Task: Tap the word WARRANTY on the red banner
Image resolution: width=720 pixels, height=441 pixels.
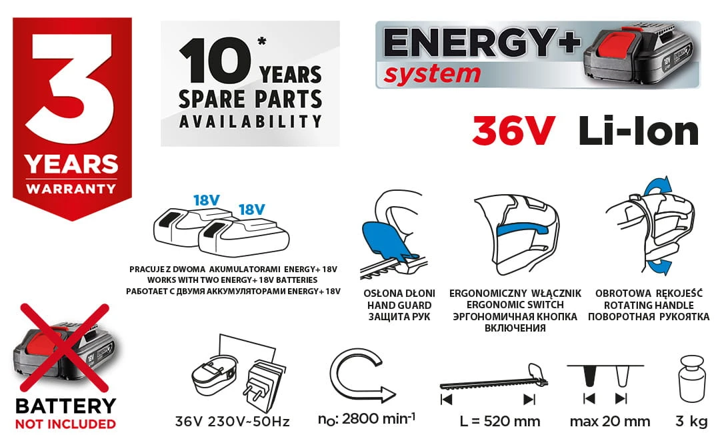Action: click(x=71, y=189)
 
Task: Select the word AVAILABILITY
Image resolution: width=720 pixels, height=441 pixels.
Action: click(x=250, y=121)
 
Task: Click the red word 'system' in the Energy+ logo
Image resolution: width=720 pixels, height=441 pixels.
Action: click(x=432, y=75)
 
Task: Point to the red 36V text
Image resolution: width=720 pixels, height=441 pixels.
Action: click(x=513, y=131)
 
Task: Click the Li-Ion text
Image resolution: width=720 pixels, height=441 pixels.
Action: click(x=638, y=131)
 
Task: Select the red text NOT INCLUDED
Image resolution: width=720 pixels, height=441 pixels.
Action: click(x=65, y=424)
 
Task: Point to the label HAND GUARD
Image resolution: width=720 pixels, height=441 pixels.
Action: click(x=399, y=305)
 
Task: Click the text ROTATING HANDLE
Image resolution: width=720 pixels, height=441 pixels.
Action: click(x=649, y=305)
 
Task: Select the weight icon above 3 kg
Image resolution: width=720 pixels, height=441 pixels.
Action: click(x=691, y=378)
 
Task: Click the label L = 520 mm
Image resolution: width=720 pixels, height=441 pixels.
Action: click(x=499, y=421)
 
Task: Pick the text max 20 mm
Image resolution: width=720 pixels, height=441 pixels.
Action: click(x=610, y=421)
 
